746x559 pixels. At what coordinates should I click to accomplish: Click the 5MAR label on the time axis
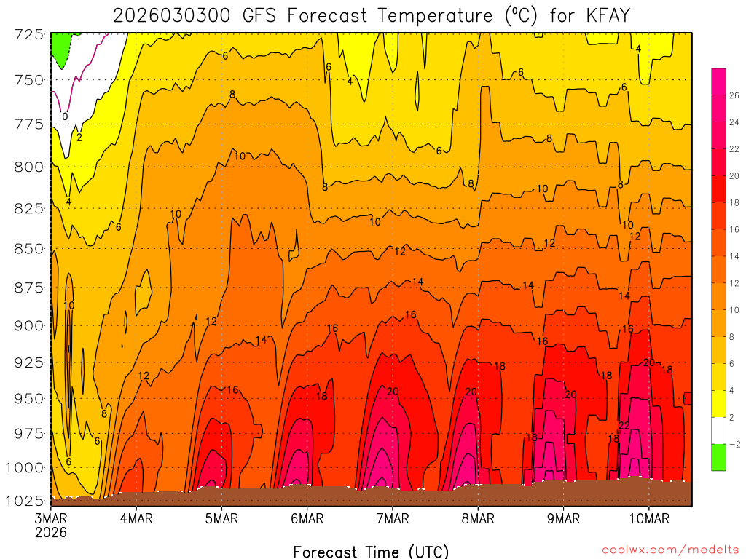tap(221, 518)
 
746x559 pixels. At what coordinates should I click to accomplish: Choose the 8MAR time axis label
tap(478, 518)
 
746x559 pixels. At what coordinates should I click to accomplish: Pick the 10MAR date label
tap(648, 518)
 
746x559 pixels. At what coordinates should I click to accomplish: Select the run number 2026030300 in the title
tap(168, 15)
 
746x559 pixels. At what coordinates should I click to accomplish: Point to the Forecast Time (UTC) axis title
tap(371, 551)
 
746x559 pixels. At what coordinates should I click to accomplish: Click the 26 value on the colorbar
tap(731, 95)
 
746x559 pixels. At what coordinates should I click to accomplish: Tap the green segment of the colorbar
tap(718, 457)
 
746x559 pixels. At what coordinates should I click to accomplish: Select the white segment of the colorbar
tap(718, 430)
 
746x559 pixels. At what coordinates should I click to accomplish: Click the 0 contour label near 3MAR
tap(65, 116)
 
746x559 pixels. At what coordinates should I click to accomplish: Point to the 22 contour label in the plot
tap(624, 425)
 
